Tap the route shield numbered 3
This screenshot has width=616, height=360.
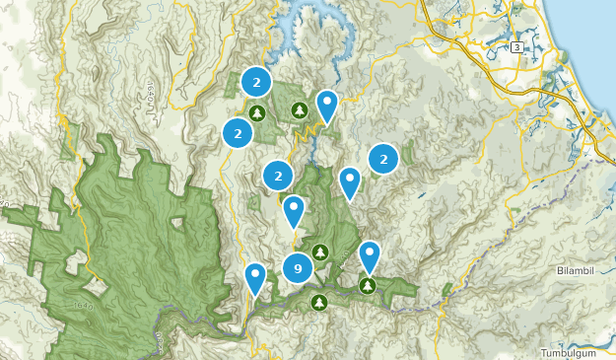point(516,47)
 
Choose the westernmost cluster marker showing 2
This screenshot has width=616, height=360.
point(238,132)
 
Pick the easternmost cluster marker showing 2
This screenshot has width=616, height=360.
point(383,158)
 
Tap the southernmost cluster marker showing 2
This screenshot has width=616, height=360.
point(279,177)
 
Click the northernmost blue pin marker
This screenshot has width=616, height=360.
point(326,104)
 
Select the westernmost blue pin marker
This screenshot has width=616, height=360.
point(255,277)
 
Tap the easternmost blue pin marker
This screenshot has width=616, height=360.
point(370,254)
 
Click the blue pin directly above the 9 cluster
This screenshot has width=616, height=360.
point(294,209)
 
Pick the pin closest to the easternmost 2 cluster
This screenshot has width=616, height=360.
point(350,180)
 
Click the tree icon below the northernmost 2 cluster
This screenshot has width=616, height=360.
point(257,113)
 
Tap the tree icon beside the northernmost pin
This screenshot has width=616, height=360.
point(299,109)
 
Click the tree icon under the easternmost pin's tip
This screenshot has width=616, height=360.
point(368,286)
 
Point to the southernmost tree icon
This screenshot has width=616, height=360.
point(318,302)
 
